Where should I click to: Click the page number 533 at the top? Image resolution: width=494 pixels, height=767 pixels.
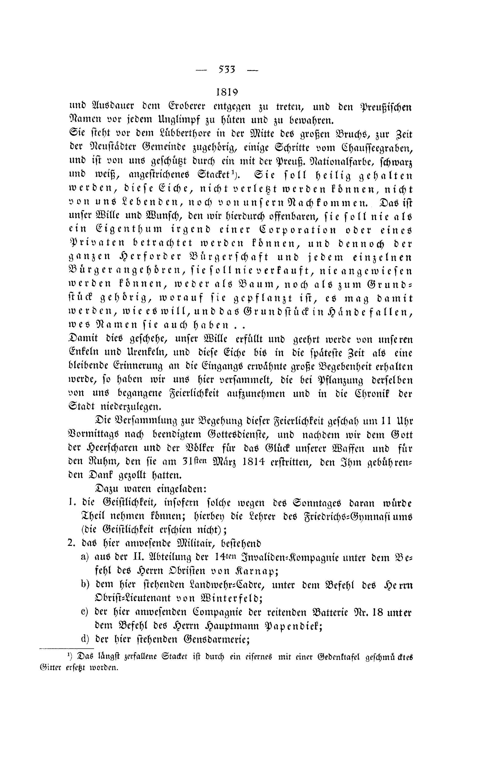tap(227, 69)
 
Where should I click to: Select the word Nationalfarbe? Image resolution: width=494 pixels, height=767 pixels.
tap(327, 161)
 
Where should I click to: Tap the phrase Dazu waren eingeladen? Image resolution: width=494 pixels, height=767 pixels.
tap(151, 489)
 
